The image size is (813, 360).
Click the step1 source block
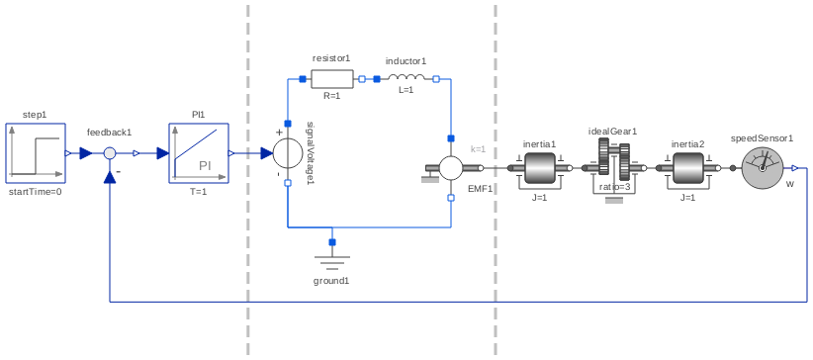[36, 153]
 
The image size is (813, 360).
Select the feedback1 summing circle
[111, 153]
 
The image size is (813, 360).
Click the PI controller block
[198, 153]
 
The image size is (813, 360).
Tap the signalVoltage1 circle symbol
[288, 153]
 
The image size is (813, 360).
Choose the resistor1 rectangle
[331, 78]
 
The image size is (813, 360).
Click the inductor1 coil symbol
[406, 78]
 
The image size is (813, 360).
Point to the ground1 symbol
[331, 260]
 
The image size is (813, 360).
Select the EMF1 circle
[451, 168]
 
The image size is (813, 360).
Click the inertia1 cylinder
[540, 168]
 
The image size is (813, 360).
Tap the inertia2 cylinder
[687, 168]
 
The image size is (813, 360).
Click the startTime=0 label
[36, 192]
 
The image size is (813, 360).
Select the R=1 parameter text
[331, 96]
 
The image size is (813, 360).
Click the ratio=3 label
[614, 187]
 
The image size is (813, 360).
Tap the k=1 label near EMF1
[478, 149]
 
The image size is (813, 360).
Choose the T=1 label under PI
[198, 192]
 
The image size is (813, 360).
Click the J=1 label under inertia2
[687, 198]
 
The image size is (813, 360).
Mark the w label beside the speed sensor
[789, 184]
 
